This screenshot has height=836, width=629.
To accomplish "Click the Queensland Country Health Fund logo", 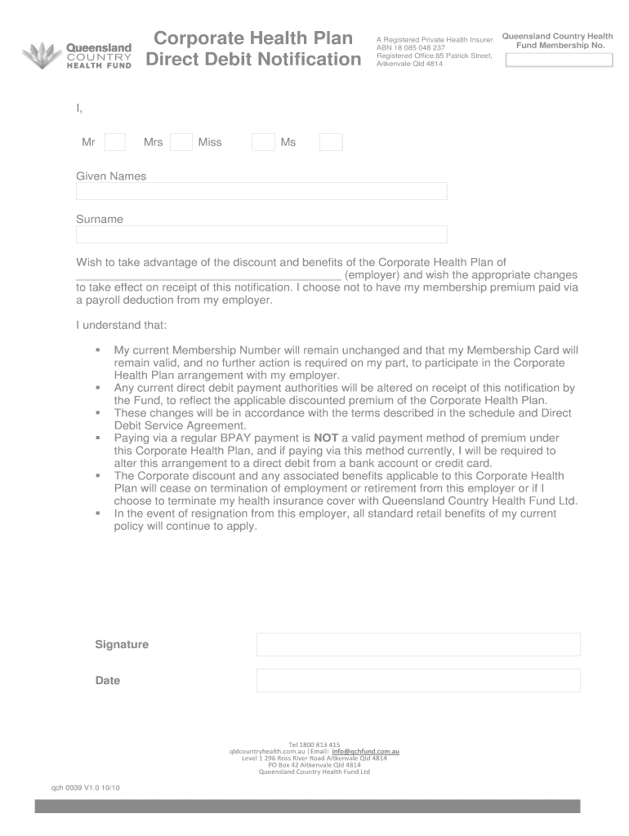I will tap(75, 55).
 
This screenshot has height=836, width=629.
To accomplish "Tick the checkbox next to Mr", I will tap(115, 142).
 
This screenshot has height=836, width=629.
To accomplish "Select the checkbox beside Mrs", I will tap(181, 142).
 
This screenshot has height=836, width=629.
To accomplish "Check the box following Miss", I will tap(263, 142).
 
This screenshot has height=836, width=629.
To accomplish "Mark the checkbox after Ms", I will tap(331, 142).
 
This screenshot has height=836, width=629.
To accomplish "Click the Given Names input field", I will tap(261, 191).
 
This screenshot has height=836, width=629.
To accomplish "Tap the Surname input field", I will tap(261, 234).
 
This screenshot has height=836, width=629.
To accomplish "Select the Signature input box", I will tap(418, 644).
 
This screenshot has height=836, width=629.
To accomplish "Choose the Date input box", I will tap(418, 680).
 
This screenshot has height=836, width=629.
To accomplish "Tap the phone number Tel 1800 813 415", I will tap(314, 745).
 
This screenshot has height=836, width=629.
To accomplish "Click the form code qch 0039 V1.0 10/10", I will tap(85, 789).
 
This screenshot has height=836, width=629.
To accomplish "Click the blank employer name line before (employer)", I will tap(208, 276).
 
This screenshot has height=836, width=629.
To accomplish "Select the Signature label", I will tap(122, 644).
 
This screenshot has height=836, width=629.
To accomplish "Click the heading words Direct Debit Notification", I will tap(253, 60).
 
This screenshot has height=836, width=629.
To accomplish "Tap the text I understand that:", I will tap(122, 325).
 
